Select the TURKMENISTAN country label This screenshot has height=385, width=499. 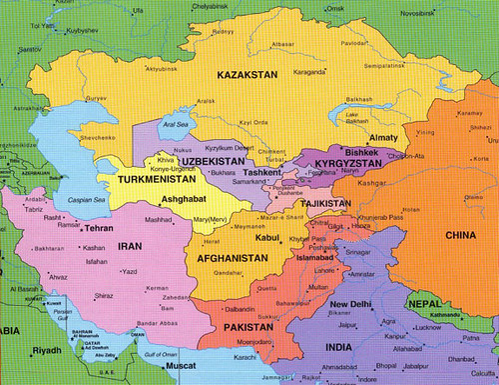pos(158,181)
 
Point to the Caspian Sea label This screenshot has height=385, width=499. pos(60,200)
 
